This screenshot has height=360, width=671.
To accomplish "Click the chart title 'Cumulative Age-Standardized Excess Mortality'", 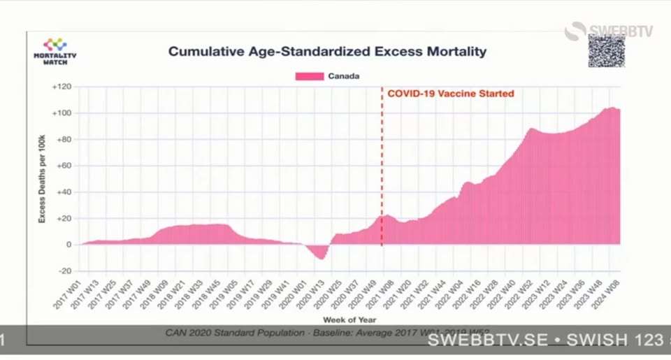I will click(327, 52).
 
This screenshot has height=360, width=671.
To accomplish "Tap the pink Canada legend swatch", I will click(310, 76).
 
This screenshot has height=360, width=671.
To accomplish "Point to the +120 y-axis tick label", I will click(62, 87).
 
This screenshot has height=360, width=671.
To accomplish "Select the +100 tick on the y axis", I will click(62, 113).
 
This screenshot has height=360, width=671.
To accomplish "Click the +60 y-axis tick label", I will click(63, 166).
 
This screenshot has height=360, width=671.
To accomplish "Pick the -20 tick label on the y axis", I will click(64, 271).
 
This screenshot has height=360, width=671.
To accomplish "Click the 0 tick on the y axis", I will click(68, 245).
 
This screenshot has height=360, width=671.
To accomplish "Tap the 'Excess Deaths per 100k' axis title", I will click(42, 179).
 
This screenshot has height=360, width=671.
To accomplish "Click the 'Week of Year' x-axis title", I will click(348, 319).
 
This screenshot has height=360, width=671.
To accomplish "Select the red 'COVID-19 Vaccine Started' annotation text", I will click(451, 94).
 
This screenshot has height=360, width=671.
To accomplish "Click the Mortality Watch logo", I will click(55, 52).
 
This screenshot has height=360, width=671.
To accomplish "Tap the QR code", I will click(606, 50).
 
